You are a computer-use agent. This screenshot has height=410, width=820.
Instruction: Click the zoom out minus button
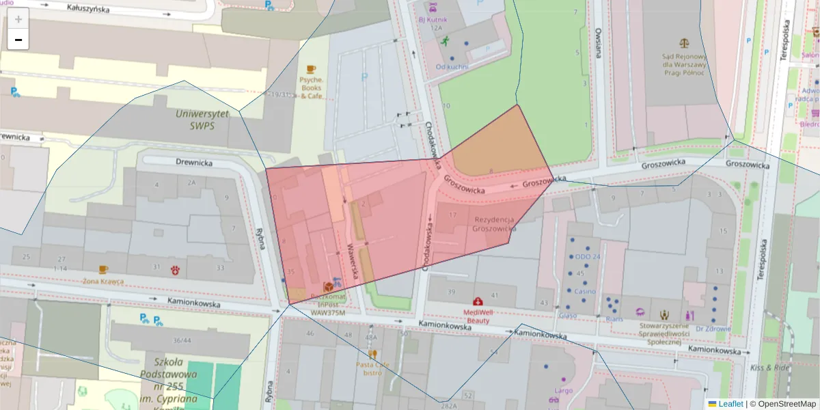click(18, 40)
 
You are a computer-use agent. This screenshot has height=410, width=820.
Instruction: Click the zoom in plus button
click(18, 18)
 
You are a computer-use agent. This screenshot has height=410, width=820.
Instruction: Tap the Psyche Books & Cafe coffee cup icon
click(311, 69)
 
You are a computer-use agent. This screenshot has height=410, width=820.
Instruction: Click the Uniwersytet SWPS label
click(202, 120)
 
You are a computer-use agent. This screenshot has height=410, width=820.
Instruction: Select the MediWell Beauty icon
click(478, 301)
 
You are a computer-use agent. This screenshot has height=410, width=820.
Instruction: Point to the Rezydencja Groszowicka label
click(493, 224)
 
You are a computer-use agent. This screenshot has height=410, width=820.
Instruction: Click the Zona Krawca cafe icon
click(102, 270)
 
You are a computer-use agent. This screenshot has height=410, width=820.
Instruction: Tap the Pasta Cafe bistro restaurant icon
click(372, 354)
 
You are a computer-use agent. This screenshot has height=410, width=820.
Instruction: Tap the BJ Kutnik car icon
click(432, 9)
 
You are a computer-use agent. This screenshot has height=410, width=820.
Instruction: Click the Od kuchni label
click(452, 66)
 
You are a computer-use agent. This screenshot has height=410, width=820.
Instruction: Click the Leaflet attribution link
click(730, 404)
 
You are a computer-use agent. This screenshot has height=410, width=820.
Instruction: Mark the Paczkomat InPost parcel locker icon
click(328, 285)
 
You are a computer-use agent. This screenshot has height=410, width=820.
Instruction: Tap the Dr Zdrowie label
click(713, 329)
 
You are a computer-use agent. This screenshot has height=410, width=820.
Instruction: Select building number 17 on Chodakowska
click(452, 215)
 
